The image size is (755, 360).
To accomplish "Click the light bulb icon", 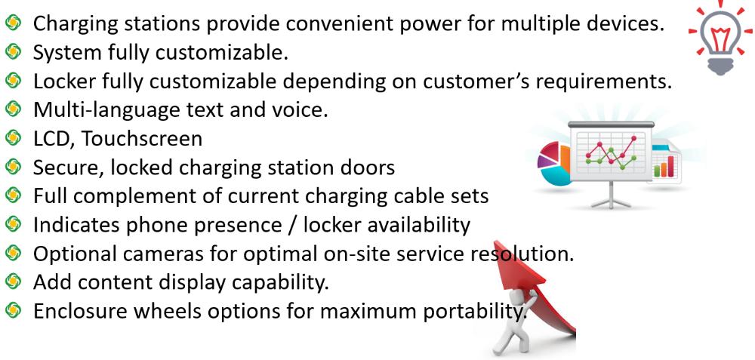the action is (x=721, y=38).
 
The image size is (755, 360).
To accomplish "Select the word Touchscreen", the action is (x=142, y=139).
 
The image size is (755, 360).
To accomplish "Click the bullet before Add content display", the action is (x=13, y=280).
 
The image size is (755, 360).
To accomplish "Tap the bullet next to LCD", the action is (x=13, y=138).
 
